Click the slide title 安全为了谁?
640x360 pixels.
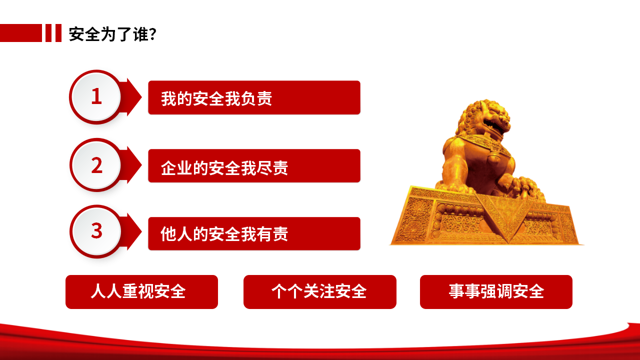tap(112, 34)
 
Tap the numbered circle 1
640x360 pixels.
tap(96, 96)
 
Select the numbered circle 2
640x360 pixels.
tap(96, 165)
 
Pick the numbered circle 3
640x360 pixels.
tap(96, 231)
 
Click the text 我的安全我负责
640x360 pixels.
tap(216, 98)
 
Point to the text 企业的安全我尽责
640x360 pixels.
tap(224, 167)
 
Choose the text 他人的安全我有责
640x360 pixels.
tap(224, 234)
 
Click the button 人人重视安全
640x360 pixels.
tap(141, 291)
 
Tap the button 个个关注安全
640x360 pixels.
tap(319, 291)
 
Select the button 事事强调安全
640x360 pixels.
tap(496, 291)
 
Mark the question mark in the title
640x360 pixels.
tap(153, 34)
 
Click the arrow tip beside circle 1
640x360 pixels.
tap(141, 97)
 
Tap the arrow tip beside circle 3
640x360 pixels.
tap(141, 231)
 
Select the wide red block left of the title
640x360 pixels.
tap(21, 33)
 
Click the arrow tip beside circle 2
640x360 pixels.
tap(141, 165)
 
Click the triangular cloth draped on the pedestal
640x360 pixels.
tap(504, 214)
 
